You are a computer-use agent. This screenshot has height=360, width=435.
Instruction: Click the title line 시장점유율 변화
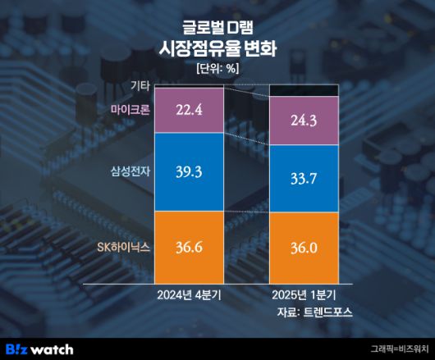[x=217, y=48]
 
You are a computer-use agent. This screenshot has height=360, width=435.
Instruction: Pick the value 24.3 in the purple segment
[x=304, y=121]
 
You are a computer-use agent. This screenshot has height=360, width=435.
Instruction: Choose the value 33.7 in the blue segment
[x=304, y=179]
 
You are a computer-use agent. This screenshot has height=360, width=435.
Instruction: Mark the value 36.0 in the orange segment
[x=304, y=246]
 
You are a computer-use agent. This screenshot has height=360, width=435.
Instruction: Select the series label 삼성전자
[x=130, y=171]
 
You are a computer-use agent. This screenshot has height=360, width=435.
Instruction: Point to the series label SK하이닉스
[x=124, y=245]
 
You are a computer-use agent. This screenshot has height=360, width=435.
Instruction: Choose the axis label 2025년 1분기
[x=304, y=294]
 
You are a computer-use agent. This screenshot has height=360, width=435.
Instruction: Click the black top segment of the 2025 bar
[x=304, y=90]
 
